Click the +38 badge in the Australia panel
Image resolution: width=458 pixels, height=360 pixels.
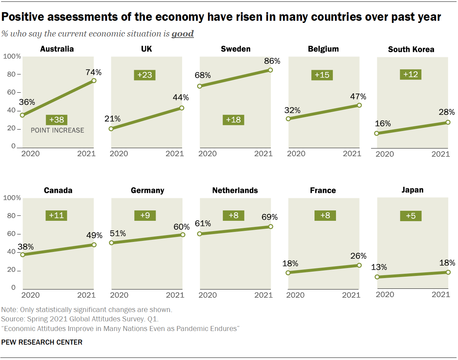[57, 120]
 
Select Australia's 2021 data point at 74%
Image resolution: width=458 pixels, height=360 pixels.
[94, 81]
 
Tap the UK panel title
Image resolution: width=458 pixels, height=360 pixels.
[146, 49]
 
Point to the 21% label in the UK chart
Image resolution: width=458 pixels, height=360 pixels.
[112, 119]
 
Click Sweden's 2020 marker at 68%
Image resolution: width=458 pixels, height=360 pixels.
[200, 86]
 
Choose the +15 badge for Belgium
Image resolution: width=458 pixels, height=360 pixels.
[322, 75]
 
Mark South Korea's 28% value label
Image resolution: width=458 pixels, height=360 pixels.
[447, 112]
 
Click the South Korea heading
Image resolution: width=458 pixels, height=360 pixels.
[411, 49]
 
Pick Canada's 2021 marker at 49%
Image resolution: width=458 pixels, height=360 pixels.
[94, 245]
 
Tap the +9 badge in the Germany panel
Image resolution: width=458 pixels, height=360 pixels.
[145, 215]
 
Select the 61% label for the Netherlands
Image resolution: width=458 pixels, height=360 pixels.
[203, 224]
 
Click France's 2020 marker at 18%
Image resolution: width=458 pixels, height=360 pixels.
[288, 273]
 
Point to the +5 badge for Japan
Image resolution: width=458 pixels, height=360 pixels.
[411, 216]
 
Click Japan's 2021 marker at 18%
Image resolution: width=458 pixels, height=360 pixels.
[448, 272]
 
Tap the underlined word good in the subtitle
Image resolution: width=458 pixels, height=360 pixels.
[182, 34]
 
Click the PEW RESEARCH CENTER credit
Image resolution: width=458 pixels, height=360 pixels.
[42, 342]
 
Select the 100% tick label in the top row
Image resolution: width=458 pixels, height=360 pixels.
[12, 57]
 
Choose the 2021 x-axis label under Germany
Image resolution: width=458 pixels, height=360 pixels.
[175, 295]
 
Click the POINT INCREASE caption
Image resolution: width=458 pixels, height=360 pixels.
[57, 131]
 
